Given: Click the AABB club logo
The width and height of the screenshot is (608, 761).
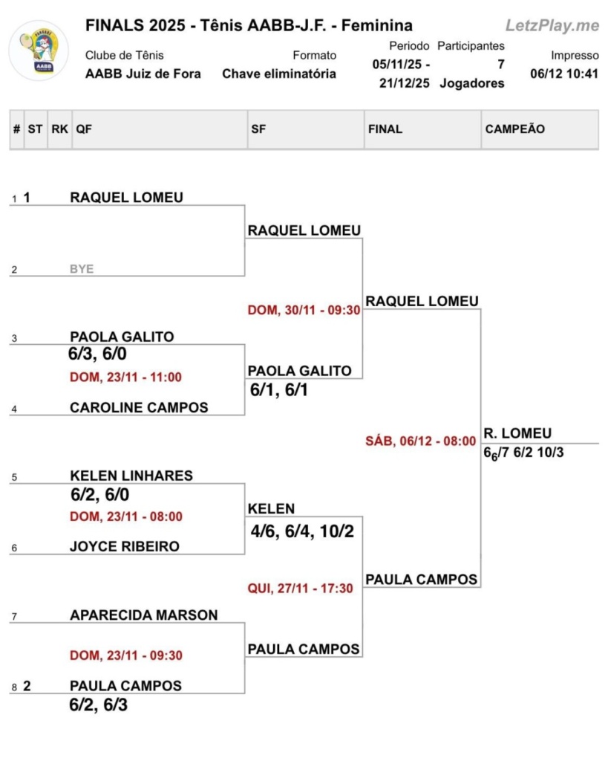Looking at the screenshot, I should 39,51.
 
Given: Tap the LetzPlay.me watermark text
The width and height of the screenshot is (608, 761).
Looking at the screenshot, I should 552,26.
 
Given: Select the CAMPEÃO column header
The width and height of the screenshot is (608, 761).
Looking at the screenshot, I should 514,129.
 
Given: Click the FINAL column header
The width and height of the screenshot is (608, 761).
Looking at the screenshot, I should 385,129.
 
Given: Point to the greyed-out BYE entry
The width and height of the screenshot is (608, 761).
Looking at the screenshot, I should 82,269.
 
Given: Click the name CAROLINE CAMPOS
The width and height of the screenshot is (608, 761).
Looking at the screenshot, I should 139,407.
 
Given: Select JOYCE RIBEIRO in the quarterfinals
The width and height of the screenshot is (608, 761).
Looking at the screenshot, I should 125,546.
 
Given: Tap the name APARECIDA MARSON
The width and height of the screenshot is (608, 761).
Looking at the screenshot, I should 144,615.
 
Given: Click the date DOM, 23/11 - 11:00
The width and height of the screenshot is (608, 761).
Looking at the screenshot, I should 125,378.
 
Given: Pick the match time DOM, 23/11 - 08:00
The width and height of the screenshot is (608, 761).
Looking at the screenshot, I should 125,516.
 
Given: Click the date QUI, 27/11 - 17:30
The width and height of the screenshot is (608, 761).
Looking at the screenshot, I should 300,589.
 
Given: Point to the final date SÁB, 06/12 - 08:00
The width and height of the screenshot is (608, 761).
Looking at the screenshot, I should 421,441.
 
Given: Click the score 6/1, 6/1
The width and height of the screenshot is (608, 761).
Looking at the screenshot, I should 278,390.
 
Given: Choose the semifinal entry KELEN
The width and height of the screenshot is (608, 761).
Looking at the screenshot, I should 271,509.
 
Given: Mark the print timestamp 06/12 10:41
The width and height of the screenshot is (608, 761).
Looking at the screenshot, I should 564,74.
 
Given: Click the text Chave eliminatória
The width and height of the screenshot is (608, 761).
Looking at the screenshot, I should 279,74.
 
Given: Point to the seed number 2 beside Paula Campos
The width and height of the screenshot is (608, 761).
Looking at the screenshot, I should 27,686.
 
